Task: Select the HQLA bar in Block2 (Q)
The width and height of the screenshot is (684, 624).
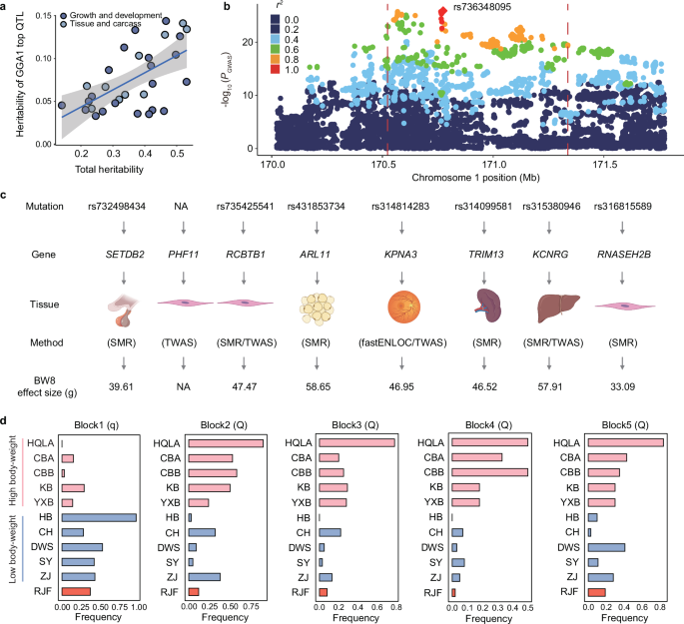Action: [225, 443]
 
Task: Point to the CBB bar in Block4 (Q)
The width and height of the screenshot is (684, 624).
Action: [489, 472]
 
